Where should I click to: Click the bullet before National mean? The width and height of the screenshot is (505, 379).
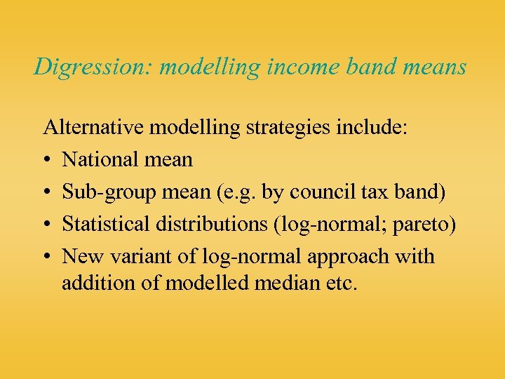pyautogui.click(x=48, y=160)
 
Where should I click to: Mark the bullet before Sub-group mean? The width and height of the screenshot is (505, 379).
pyautogui.click(x=48, y=192)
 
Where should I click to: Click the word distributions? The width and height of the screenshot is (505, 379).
pyautogui.click(x=210, y=224)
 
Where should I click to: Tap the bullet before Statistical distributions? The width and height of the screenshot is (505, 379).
pyautogui.click(x=48, y=225)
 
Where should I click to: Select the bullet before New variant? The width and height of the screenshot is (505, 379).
pyautogui.click(x=48, y=257)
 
